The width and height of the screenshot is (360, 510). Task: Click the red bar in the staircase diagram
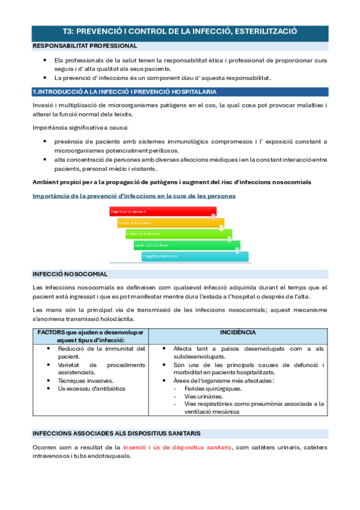click(x=162, y=212)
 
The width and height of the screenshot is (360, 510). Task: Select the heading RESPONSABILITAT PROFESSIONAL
click(x=85, y=46)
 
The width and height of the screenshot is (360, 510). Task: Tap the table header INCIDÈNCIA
click(x=237, y=332)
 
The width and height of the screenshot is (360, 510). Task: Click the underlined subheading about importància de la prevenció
click(x=133, y=195)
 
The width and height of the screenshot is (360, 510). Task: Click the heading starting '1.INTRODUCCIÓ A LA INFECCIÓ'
click(x=124, y=91)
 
